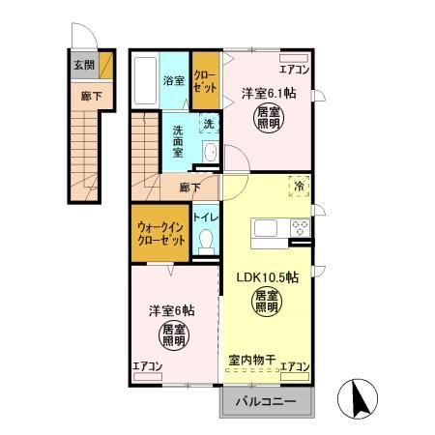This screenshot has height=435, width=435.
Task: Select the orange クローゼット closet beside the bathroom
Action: pyautogui.click(x=205, y=81)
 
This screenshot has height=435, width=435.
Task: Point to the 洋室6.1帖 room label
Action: pyautogui.click(x=270, y=93)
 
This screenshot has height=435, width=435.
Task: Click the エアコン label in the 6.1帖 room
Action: pyautogui.click(x=293, y=70)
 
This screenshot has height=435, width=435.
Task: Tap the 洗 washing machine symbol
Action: pyautogui.click(x=208, y=123)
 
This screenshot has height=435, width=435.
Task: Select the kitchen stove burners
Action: pyautogui.click(x=299, y=230)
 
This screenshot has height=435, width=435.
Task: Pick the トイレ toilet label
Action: pyautogui.click(x=205, y=218)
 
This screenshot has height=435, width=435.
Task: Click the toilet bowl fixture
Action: pyautogui.click(x=204, y=245)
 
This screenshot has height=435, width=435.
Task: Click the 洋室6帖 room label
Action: pyautogui.click(x=171, y=311)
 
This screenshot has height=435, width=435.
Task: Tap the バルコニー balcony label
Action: pyautogui.click(x=266, y=399)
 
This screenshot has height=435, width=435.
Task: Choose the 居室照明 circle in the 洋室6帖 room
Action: pyautogui.click(x=175, y=337)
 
